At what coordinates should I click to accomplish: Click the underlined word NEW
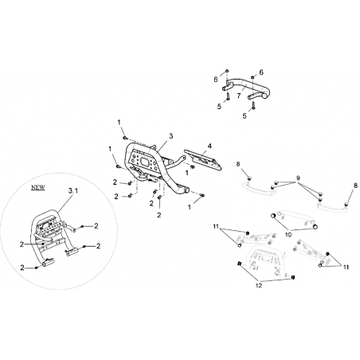tap(38, 187)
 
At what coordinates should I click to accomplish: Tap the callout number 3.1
tap(73, 190)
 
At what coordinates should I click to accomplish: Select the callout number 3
tap(171, 136)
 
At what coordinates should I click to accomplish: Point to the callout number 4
tap(209, 146)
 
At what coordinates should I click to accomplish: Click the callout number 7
tap(239, 96)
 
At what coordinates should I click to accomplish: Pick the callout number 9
tap(298, 178)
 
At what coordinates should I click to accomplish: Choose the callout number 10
tap(288, 234)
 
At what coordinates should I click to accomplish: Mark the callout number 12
tap(259, 286)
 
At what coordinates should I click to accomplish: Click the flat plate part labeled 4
tap(203, 160)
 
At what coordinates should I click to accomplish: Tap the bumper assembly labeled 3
tap(154, 167)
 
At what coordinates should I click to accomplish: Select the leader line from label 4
tap(205, 152)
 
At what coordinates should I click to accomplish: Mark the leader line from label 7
tap(243, 88)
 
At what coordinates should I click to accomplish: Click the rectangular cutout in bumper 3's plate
tap(146, 162)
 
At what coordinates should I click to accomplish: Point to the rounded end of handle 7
tap(266, 93)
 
